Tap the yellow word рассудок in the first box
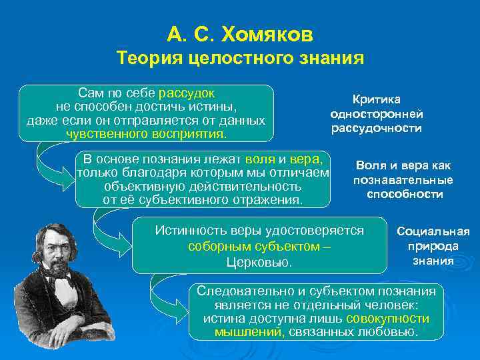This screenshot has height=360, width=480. click(x=187, y=93)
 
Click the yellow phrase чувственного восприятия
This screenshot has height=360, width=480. click(x=146, y=134)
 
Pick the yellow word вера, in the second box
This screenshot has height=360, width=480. click(x=307, y=159)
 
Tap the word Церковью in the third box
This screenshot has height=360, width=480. click(x=259, y=262)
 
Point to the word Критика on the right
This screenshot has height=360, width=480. click(x=377, y=99)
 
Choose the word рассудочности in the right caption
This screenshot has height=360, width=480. click(x=377, y=128)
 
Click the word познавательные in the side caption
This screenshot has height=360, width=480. click(x=403, y=180)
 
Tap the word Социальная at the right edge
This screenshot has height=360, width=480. click(x=433, y=232)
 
